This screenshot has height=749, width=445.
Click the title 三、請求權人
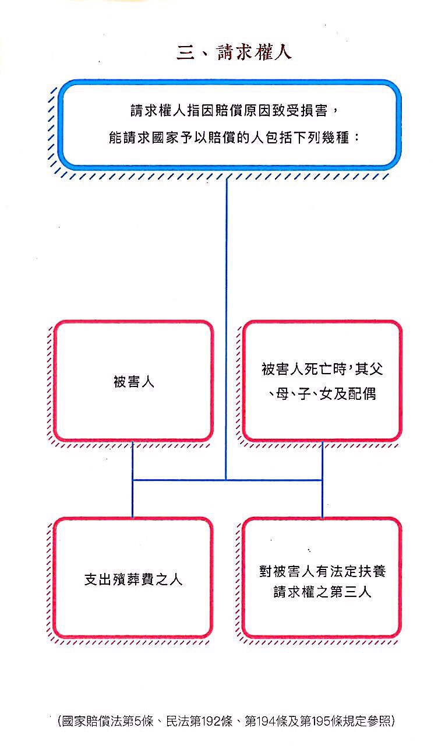tap(234, 52)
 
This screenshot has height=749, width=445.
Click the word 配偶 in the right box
tap(362, 394)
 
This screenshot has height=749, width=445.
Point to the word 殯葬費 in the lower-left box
tap(133, 580)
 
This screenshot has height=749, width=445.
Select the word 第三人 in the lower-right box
tap(351, 592)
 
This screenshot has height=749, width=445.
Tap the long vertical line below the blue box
tap(226, 328)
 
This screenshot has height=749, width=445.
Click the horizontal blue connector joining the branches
tap(227, 480)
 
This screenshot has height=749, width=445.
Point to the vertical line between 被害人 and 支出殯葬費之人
tap(133, 480)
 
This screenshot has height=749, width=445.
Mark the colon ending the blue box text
tap(357, 138)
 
